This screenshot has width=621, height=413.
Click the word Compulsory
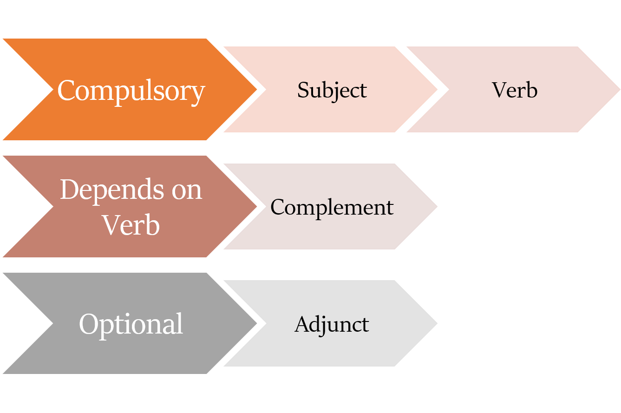pyautogui.click(x=131, y=90)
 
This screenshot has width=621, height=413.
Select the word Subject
pyautogui.click(x=332, y=90)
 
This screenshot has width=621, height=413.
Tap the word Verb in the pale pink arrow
pyautogui.click(x=515, y=90)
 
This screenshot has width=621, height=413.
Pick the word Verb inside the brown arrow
pyautogui.click(x=131, y=225)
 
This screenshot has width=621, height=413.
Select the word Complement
pyautogui.click(x=332, y=207)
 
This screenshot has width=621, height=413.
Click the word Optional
pyautogui.click(x=131, y=324)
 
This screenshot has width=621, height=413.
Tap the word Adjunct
pyautogui.click(x=332, y=324)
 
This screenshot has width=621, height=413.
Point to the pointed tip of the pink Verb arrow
pyautogui.click(x=619, y=89)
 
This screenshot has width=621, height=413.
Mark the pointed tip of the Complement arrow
pyautogui.click(x=437, y=206)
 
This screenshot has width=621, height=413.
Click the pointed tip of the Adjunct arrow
pyautogui.click(x=437, y=323)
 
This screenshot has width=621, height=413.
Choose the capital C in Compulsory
pyautogui.click(x=66, y=90)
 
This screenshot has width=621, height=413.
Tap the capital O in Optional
pyautogui.click(x=88, y=324)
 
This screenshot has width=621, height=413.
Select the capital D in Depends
pyautogui.click(x=69, y=189)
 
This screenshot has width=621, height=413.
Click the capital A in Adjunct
pyautogui.click(x=301, y=324)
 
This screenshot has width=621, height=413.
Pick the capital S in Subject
pyautogui.click(x=303, y=90)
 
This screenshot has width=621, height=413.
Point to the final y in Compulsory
pyautogui.click(x=198, y=93)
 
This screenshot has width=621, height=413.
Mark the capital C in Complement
pyautogui.click(x=278, y=207)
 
